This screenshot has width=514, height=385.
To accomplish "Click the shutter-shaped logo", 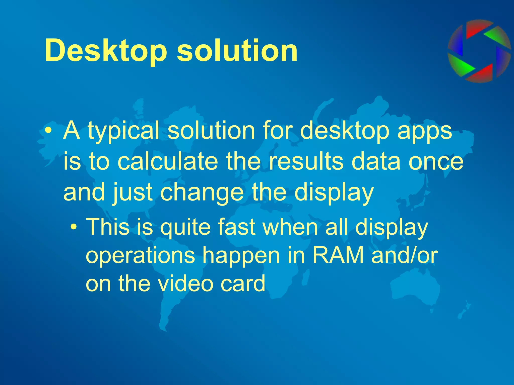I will click(479, 51).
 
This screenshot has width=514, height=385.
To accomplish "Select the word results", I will click(306, 162).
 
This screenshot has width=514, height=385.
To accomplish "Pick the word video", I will click(185, 283).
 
